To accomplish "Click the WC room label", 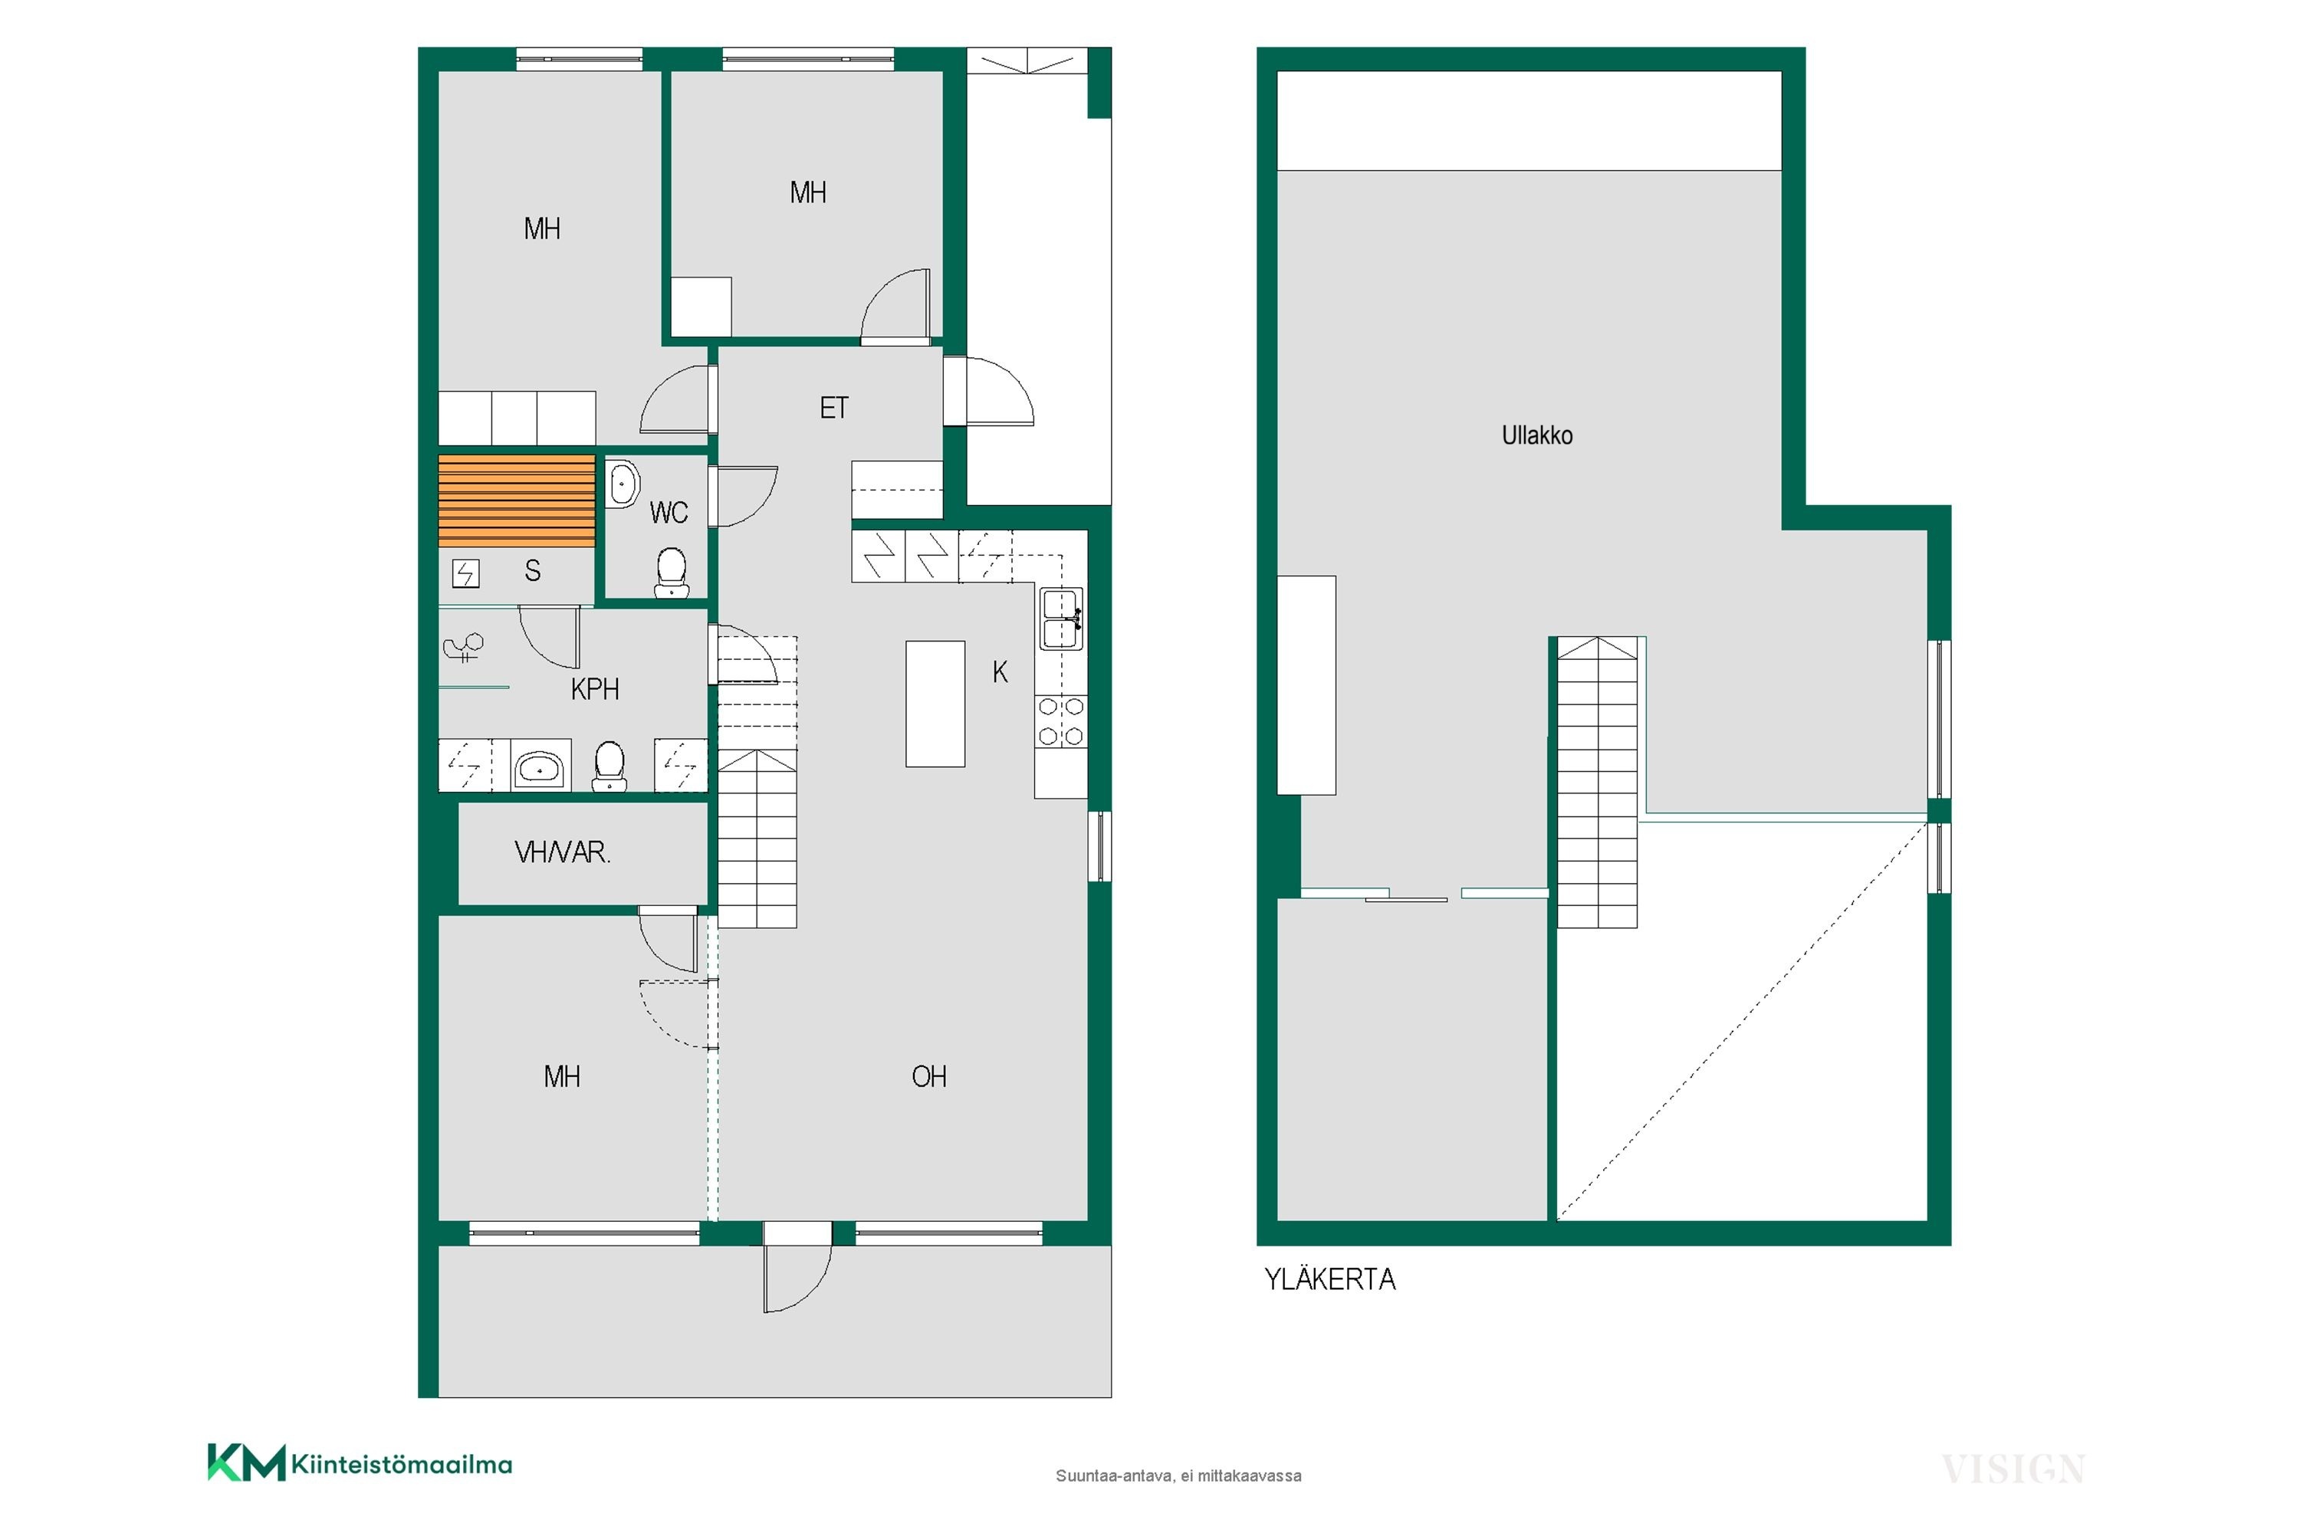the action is click(669, 512).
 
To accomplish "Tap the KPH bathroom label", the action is click(595, 689).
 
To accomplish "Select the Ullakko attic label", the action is click(1537, 435).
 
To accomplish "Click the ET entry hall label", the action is click(834, 408).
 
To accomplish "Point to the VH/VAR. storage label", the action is click(562, 852).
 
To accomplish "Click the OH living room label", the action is click(929, 1076).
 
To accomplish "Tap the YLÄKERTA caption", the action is click(1330, 1279).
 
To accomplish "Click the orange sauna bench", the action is click(516, 501).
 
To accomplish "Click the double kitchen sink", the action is click(1061, 618).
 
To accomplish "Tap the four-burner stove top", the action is click(1061, 721).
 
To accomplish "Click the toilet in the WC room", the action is click(671, 573).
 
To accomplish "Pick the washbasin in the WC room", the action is click(623, 484).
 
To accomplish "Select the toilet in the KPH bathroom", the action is click(609, 766).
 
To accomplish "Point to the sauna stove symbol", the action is click(465, 573).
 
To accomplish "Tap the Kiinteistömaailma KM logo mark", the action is click(246, 1462).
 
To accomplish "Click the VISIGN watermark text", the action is click(2013, 1469).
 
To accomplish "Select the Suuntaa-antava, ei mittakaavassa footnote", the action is click(1178, 1476).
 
